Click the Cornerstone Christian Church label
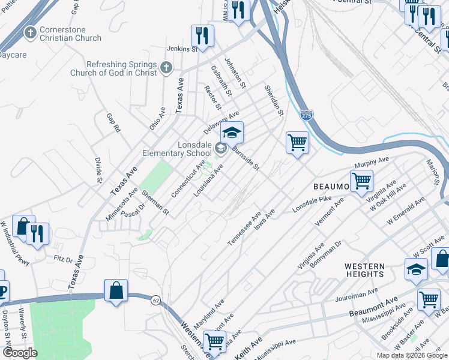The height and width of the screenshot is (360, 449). [x=71, y=34]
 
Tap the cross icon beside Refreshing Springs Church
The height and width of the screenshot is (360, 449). [x=167, y=68]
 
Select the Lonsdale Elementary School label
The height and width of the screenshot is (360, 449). [x=177, y=149]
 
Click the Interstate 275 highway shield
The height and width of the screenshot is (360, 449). [x=307, y=116]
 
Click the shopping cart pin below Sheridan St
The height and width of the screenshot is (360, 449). [x=297, y=143]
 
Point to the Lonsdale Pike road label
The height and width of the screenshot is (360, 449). [x=312, y=204]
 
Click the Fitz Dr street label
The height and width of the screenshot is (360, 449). [x=62, y=260]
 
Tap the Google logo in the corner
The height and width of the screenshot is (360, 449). [x=19, y=353]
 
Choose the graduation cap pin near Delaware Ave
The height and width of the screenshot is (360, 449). [x=232, y=133]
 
